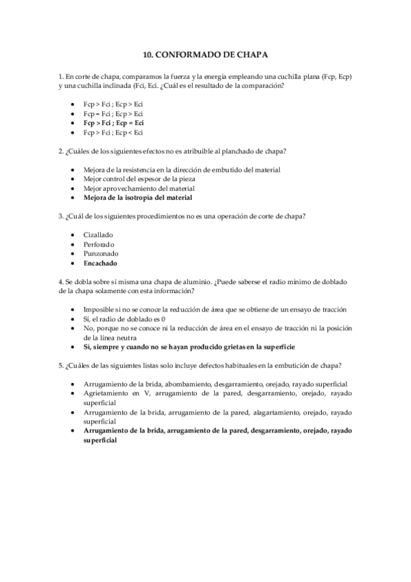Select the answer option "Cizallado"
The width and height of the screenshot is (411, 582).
click(98, 234)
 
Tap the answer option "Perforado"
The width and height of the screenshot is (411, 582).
click(99, 244)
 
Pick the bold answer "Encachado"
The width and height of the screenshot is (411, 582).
click(100, 263)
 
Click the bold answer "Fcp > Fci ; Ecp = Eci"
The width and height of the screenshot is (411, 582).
click(113, 122)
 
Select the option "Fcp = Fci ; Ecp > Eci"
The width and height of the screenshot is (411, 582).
click(113, 113)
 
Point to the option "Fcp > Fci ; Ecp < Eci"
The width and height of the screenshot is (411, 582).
click(113, 132)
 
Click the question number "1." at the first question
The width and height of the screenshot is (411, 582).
click(61, 75)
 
